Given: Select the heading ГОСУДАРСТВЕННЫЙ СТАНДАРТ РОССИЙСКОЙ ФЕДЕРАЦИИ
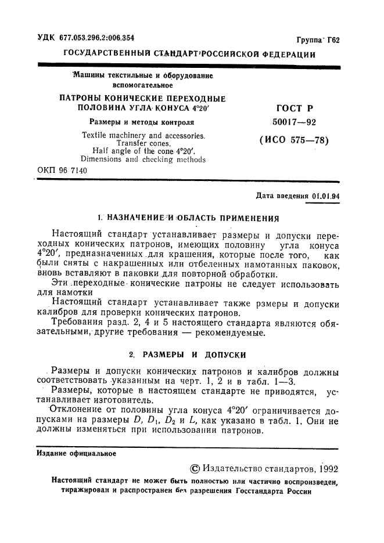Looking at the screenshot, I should tap(189, 55).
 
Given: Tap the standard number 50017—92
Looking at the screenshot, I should tap(294, 122).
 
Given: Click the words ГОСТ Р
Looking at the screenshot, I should tap(293, 104).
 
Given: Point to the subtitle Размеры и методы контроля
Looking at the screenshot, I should tap(141, 122).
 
